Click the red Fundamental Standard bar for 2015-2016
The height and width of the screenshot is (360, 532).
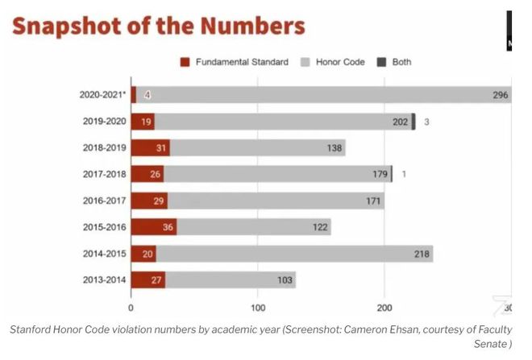click(153, 227)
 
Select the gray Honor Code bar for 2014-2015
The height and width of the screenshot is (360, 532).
click(294, 254)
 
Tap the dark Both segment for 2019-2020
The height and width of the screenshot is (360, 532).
click(414, 122)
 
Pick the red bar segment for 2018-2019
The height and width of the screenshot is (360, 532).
click(150, 148)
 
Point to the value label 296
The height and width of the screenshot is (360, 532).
click(500, 95)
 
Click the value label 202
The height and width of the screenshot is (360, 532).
click(400, 122)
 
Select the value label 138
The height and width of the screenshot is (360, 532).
click(335, 148)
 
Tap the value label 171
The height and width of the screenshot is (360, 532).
click(372, 201)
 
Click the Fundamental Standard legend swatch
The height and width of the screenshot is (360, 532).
click(185, 62)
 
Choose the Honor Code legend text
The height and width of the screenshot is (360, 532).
click(339, 62)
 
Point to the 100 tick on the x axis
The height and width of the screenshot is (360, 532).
click(258, 307)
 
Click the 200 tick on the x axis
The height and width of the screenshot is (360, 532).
click(384, 307)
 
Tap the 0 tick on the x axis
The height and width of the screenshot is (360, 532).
click(131, 307)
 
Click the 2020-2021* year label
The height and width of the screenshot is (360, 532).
click(101, 95)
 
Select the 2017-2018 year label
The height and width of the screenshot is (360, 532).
click(103, 174)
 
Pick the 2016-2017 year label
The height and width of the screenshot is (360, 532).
click(103, 201)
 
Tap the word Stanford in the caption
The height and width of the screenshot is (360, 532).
click(32, 329)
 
